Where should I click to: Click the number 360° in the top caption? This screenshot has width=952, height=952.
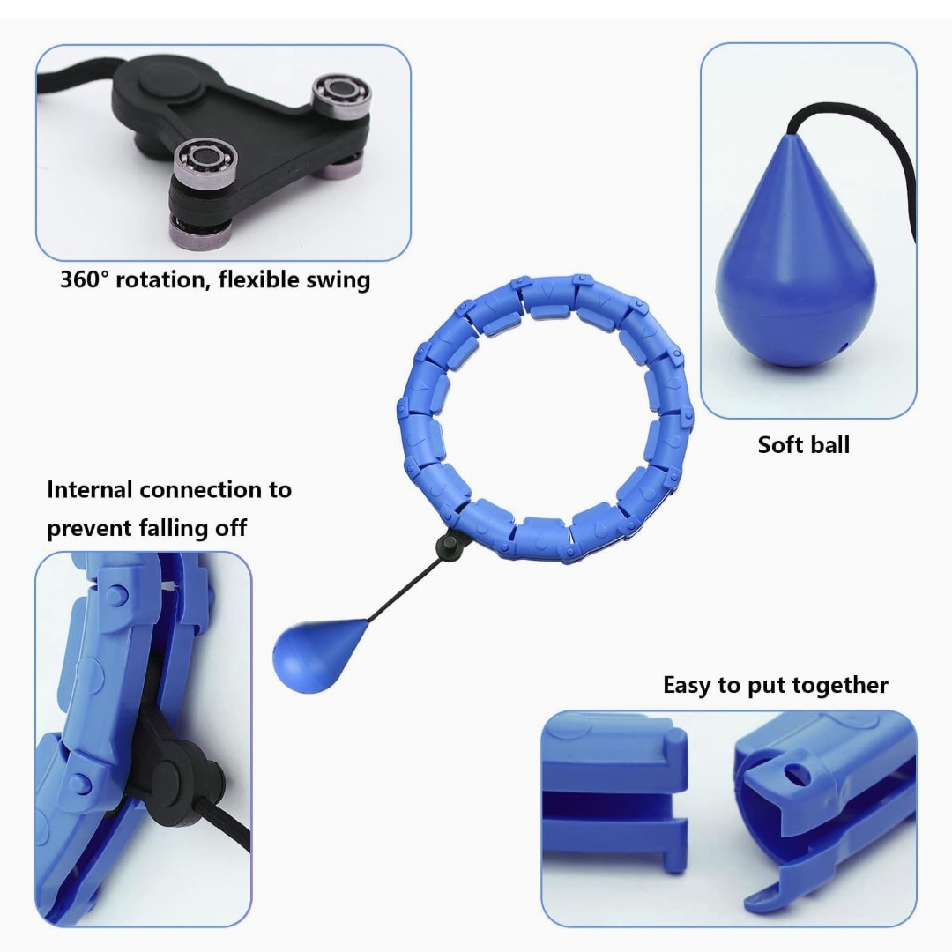click(x=85, y=279)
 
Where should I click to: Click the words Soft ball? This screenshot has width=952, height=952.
click(x=803, y=445)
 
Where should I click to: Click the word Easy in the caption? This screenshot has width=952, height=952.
click(x=687, y=686)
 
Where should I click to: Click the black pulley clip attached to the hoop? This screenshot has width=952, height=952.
click(x=450, y=545)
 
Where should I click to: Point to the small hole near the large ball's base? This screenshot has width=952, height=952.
click(x=841, y=348)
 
